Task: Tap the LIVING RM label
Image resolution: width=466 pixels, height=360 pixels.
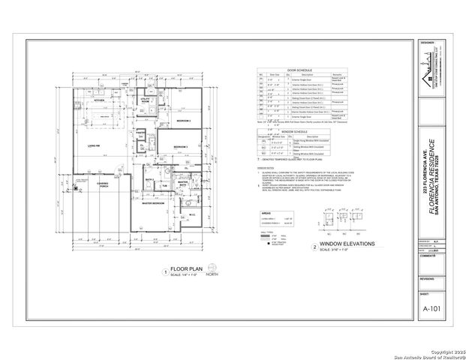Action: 95,146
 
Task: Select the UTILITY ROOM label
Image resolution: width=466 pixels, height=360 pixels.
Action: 145,100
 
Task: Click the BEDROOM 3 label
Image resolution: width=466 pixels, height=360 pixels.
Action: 179,146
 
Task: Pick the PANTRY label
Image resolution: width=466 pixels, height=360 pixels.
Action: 140,131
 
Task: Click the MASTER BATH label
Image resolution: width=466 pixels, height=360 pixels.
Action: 182,183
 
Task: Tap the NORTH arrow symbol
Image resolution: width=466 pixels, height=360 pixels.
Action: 217,268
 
